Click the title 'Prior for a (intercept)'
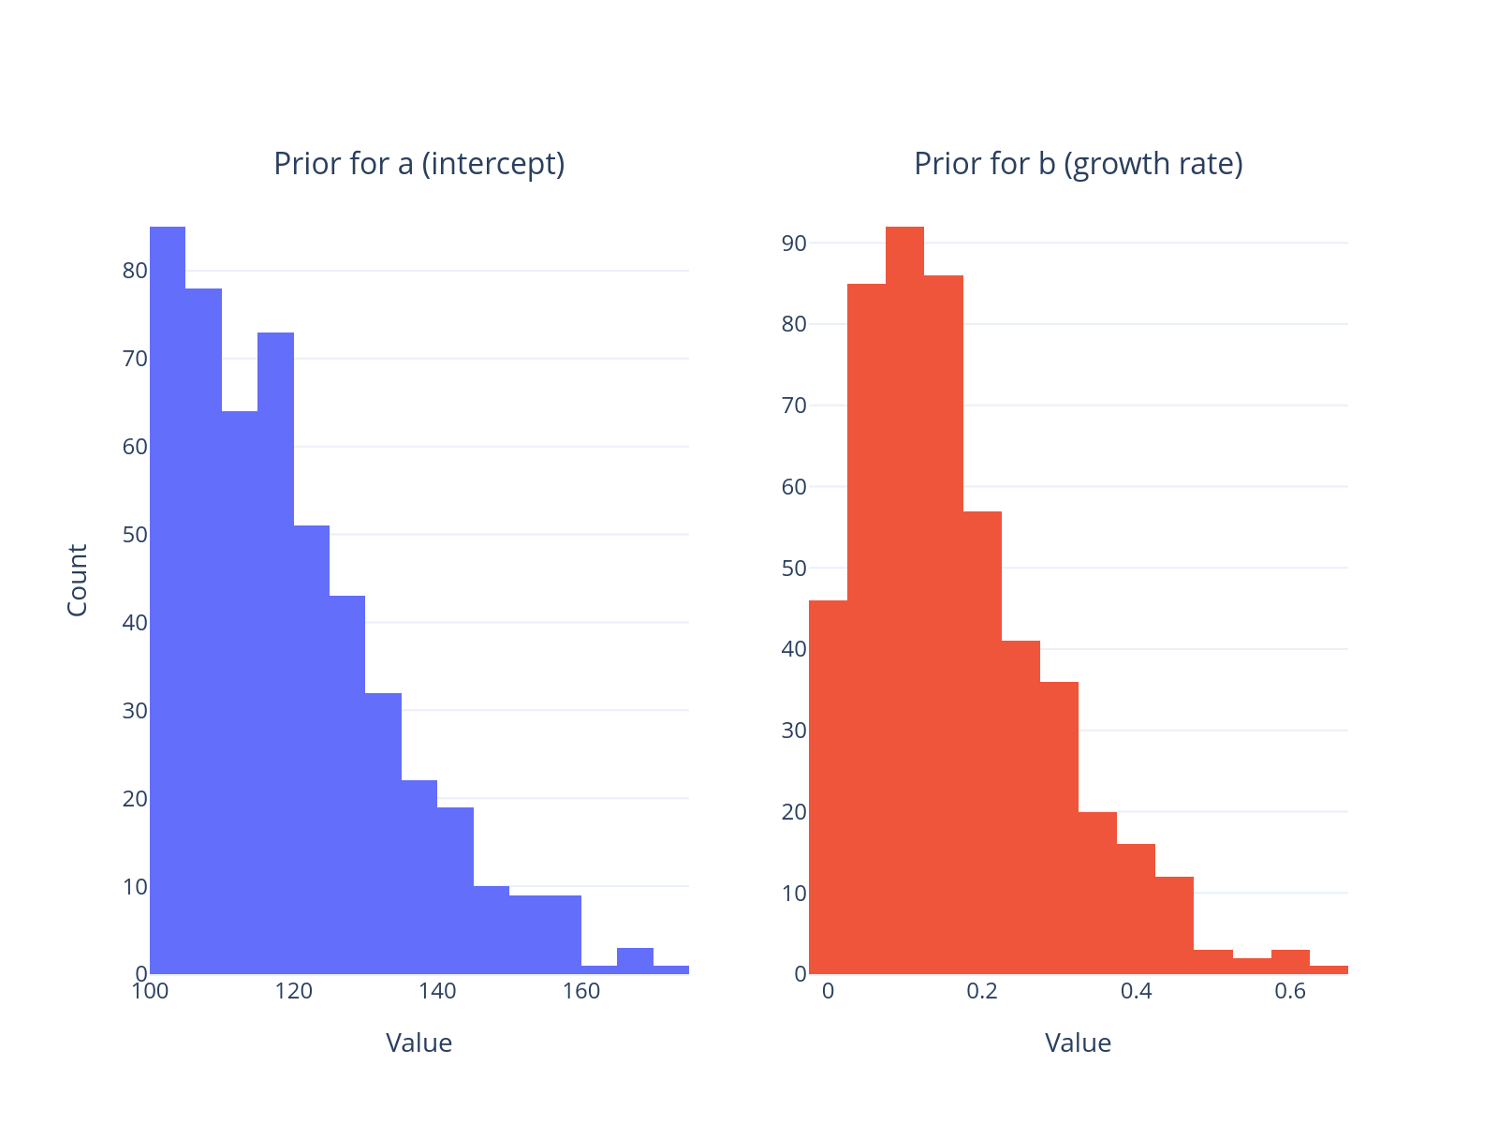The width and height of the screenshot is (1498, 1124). click(x=419, y=164)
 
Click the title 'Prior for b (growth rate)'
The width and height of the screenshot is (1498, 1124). click(x=1078, y=164)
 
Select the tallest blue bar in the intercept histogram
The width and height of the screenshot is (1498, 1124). click(x=168, y=599)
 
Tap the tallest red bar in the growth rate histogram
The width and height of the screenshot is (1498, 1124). click(x=904, y=599)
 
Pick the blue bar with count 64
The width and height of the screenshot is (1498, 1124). click(x=240, y=692)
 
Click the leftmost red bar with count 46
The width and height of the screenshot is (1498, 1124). click(x=828, y=787)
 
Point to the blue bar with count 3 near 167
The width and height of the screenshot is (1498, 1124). click(x=635, y=961)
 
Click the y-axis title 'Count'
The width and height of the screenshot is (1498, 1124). click(x=78, y=580)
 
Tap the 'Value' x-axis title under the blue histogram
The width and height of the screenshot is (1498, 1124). click(x=419, y=1043)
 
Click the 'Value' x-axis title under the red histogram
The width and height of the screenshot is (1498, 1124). click(x=1078, y=1043)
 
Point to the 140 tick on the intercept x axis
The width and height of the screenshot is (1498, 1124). click(x=437, y=992)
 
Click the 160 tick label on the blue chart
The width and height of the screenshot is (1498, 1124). click(x=580, y=992)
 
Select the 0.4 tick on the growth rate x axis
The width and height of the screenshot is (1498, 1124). click(x=1136, y=992)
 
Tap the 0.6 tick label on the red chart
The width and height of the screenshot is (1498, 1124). click(x=1290, y=992)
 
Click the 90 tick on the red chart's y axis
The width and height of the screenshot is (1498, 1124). click(x=794, y=244)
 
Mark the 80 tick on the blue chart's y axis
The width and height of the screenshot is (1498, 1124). click(x=135, y=271)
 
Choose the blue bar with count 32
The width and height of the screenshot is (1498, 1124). click(x=383, y=833)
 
